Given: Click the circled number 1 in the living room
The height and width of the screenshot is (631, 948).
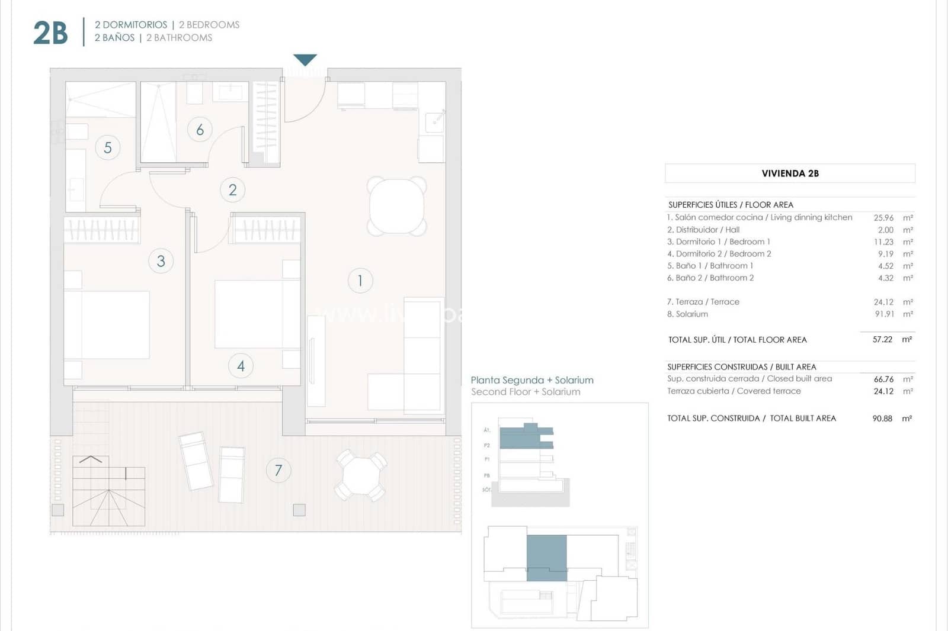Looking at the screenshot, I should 360,281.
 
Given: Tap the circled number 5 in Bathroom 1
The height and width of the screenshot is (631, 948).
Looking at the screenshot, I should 107,147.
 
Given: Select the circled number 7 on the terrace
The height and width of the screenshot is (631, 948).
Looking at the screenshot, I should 278,471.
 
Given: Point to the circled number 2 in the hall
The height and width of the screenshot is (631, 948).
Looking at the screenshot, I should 232,190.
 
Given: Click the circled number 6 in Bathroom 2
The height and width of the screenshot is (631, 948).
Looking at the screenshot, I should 200,130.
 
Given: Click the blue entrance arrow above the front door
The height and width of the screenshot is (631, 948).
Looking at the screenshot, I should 305,60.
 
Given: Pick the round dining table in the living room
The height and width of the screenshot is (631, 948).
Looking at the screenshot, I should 396,207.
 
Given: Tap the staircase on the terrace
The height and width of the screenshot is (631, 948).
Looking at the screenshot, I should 108,491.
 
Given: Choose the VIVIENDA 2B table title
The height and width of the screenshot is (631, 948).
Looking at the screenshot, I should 790,173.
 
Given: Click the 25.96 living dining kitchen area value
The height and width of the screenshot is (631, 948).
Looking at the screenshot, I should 883,218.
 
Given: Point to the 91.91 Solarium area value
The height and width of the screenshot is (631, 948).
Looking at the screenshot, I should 884,314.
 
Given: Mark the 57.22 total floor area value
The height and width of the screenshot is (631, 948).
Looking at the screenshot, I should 882,339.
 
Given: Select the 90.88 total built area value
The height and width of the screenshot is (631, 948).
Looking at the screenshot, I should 882,418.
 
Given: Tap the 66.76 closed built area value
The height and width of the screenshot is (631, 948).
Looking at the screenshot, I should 883,379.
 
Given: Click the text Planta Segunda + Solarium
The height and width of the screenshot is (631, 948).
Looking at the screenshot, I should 531,380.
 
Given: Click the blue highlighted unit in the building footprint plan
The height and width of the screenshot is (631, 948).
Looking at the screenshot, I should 546,558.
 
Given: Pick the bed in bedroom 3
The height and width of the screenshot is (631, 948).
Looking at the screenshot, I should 107,324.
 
